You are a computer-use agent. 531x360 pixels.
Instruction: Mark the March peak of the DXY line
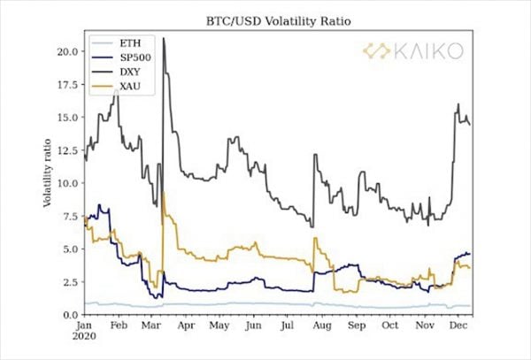[164, 39]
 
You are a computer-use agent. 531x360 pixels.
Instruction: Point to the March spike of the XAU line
[164, 193]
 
